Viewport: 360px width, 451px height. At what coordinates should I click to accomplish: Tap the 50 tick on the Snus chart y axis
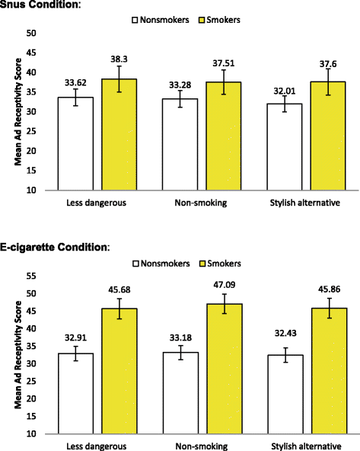point(31,33)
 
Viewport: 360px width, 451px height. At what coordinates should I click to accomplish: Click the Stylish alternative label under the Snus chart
point(298,204)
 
